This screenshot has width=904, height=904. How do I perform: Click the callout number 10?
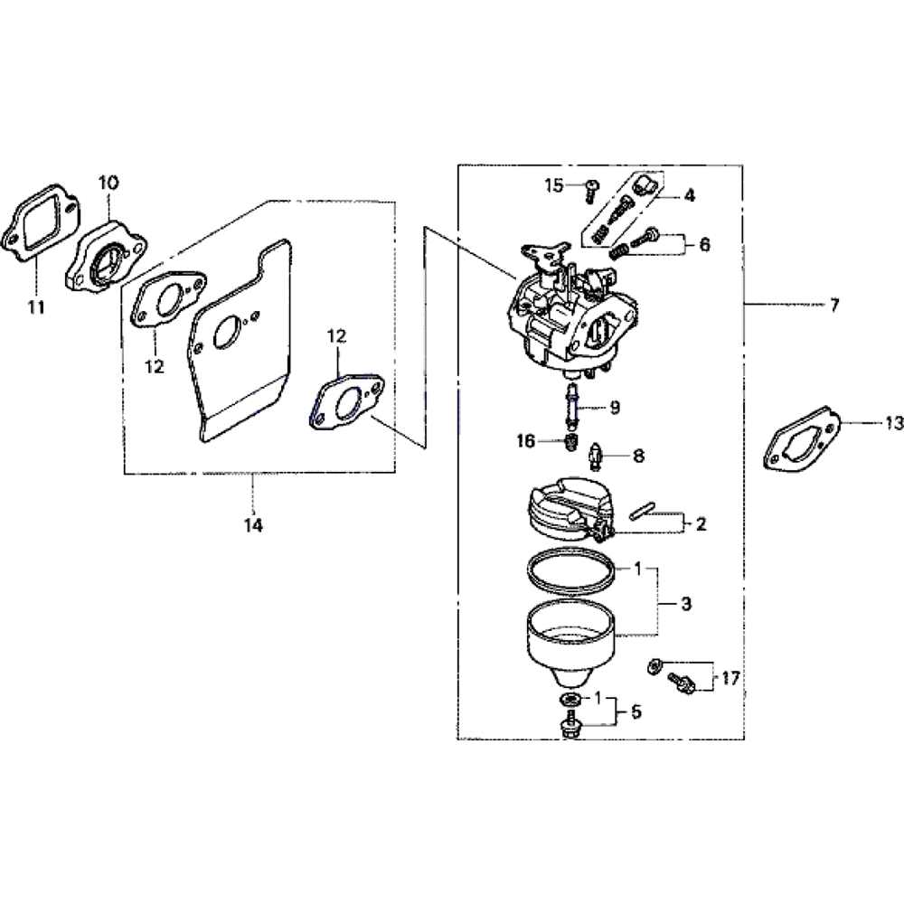pos(108,183)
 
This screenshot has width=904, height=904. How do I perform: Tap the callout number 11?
pos(36,307)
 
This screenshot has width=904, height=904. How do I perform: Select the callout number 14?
pos(253,525)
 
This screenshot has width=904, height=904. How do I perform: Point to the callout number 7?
pos(834,305)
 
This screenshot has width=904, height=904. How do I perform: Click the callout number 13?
pos(894,424)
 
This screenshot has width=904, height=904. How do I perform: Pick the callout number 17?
pos(730,679)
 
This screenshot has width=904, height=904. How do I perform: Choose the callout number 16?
pos(526,441)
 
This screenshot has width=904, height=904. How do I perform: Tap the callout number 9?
pos(615,408)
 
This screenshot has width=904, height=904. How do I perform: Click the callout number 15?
pos(553,185)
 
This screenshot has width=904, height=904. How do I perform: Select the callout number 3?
pos(686,604)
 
